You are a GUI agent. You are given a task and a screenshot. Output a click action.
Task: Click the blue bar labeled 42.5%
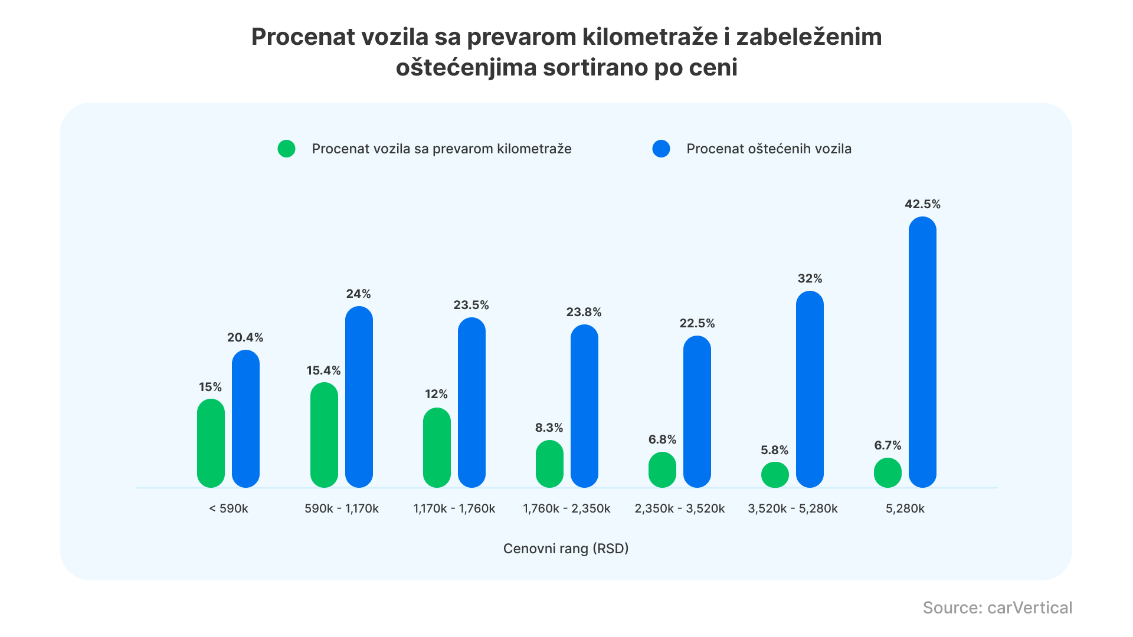pyautogui.click(x=922, y=352)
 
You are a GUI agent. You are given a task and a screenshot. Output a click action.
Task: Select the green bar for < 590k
pyautogui.click(x=211, y=443)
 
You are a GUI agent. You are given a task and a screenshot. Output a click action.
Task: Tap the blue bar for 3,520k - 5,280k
pyautogui.click(x=810, y=389)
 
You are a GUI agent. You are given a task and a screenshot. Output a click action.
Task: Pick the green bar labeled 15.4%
pyautogui.click(x=324, y=435)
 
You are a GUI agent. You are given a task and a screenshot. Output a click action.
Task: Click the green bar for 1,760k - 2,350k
pyautogui.click(x=549, y=464)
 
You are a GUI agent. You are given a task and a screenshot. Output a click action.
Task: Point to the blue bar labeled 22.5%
pyautogui.click(x=697, y=411)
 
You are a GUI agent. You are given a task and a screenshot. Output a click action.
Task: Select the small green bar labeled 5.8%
pyautogui.click(x=775, y=475)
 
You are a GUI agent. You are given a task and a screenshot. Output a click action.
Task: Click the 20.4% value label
pyautogui.click(x=245, y=337)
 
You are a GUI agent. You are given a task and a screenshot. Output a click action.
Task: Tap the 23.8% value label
pyautogui.click(x=584, y=312)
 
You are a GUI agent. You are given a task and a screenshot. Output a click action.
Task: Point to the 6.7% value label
pyautogui.click(x=888, y=445)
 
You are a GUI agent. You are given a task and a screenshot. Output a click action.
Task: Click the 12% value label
pyautogui.click(x=436, y=394)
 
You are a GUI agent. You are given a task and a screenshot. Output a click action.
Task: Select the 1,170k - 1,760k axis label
pyautogui.click(x=454, y=508)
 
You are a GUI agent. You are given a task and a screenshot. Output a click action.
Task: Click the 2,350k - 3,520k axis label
pyautogui.click(x=679, y=508)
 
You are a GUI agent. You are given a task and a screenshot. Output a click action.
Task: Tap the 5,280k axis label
pyautogui.click(x=905, y=508)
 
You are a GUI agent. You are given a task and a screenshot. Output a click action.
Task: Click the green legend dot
pyautogui.click(x=286, y=149)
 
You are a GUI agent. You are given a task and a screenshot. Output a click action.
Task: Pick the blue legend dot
pyautogui.click(x=661, y=149)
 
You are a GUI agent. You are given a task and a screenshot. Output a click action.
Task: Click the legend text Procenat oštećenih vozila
pyautogui.click(x=768, y=149)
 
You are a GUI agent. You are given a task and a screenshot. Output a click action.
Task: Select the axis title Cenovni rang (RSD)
pyautogui.click(x=565, y=549)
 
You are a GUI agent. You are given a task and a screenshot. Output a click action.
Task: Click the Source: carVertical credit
pyautogui.click(x=997, y=608)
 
